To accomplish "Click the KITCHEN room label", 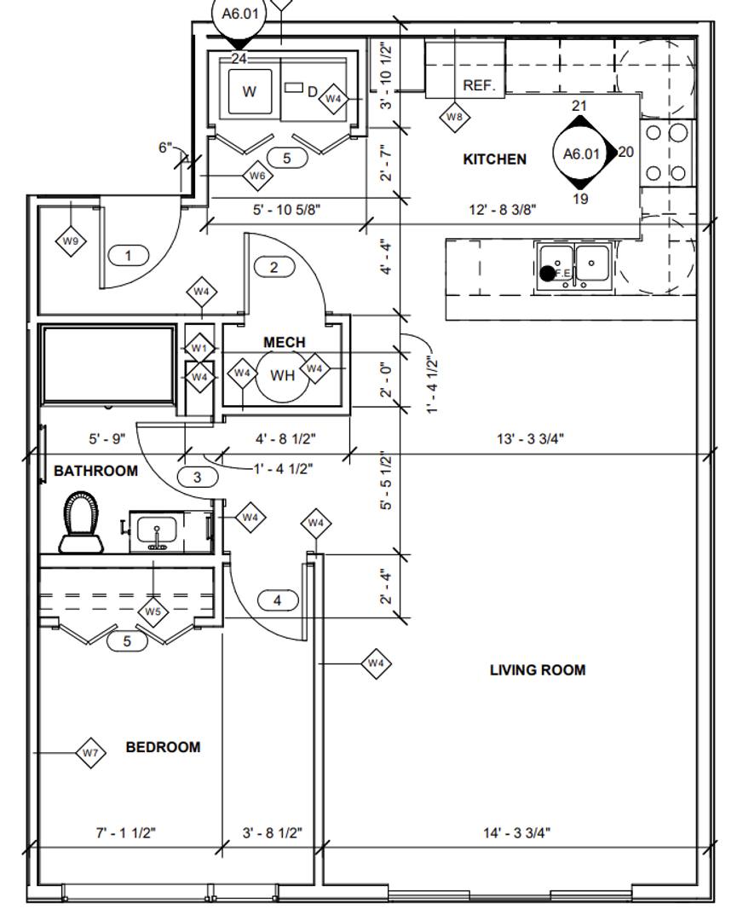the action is (495, 159).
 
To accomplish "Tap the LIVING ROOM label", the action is (538, 670).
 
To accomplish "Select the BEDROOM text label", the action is (163, 747).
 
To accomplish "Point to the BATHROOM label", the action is (95, 471).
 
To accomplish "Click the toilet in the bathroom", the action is (82, 522).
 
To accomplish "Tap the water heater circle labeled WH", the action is (282, 375).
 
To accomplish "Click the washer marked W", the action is (250, 91).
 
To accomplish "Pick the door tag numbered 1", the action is (128, 256).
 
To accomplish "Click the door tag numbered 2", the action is (274, 267).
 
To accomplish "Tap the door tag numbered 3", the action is (197, 477).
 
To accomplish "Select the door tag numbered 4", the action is (278, 600).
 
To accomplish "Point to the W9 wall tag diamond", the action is (71, 240).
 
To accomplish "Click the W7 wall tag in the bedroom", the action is (90, 753).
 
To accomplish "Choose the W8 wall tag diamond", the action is (455, 116).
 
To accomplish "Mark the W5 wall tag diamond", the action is (153, 611).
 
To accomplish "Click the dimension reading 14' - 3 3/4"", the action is (517, 832).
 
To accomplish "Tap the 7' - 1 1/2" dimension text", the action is (125, 832).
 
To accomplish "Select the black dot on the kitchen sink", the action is (548, 273).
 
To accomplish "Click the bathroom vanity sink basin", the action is (157, 531).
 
